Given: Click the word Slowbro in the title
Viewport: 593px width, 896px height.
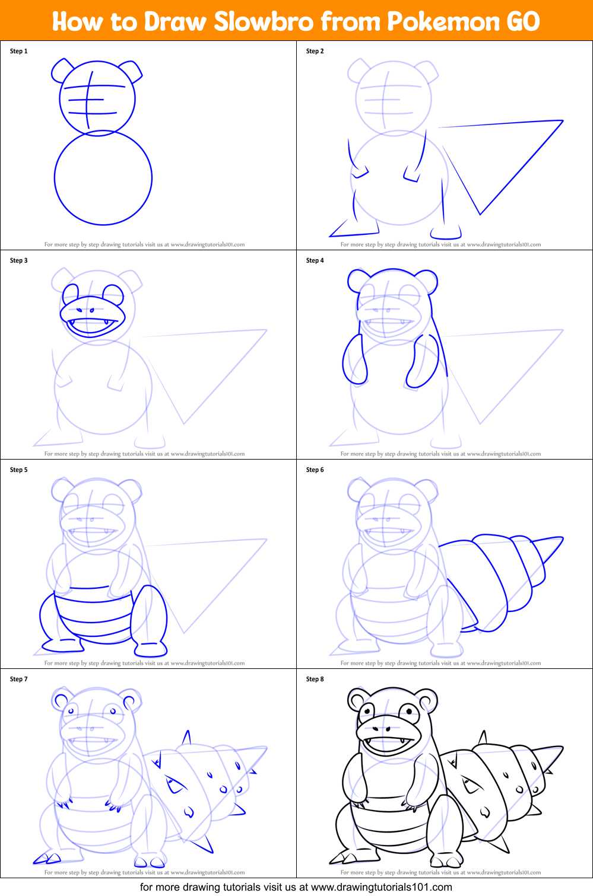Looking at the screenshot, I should [x=264, y=22].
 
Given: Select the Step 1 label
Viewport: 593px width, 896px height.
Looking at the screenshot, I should [x=18, y=51].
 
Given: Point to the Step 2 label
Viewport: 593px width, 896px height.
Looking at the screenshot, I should [x=315, y=51].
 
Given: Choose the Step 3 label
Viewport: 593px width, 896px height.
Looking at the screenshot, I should [x=18, y=260].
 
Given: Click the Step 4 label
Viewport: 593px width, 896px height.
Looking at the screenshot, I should [x=315, y=260].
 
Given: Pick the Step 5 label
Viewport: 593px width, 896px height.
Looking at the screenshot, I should [x=18, y=470].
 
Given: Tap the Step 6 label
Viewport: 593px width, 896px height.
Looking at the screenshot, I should [x=315, y=470].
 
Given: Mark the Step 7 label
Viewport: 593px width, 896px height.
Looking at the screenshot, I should [x=18, y=679].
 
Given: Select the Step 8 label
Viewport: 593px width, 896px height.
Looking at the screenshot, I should [x=315, y=679].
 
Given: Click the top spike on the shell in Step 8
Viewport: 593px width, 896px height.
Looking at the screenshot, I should [x=483, y=737].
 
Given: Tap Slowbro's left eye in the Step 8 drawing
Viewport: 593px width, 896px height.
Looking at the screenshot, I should [x=367, y=710].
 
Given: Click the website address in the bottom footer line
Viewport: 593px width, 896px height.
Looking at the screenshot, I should [x=381, y=887].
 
